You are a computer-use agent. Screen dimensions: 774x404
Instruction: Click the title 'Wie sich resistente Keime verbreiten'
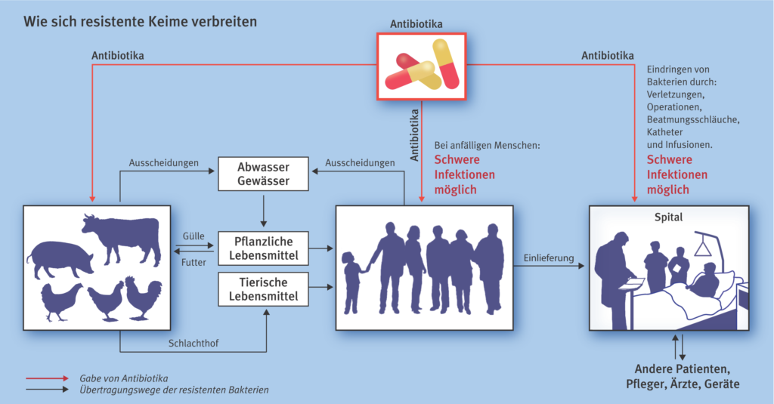tap(140, 22)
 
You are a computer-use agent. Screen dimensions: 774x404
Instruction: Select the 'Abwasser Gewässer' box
tap(263, 174)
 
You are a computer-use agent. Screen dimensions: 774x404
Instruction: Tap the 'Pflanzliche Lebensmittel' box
tap(263, 248)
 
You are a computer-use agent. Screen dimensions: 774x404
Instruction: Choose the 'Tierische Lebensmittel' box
tap(263, 289)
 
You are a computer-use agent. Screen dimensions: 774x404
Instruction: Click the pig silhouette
tap(60, 260)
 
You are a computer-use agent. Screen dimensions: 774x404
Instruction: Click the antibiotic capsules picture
tap(422, 66)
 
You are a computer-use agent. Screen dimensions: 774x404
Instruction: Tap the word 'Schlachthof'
tap(193, 343)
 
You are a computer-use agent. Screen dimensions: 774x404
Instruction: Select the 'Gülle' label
tap(193, 236)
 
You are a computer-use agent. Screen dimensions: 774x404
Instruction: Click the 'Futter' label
tap(193, 262)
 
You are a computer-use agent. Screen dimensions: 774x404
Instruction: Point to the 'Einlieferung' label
tap(549, 258)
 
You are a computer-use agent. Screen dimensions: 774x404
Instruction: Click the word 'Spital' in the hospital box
tap(668, 217)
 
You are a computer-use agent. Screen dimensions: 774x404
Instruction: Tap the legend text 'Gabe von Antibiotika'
tap(124, 378)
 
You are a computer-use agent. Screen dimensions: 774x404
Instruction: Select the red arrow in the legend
tap(48, 378)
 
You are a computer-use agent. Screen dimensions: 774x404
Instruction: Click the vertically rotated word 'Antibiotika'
tap(414, 134)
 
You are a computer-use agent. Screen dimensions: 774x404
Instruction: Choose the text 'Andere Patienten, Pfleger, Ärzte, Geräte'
tap(683, 376)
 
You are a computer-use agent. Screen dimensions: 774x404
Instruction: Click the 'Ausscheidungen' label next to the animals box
tap(164, 163)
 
